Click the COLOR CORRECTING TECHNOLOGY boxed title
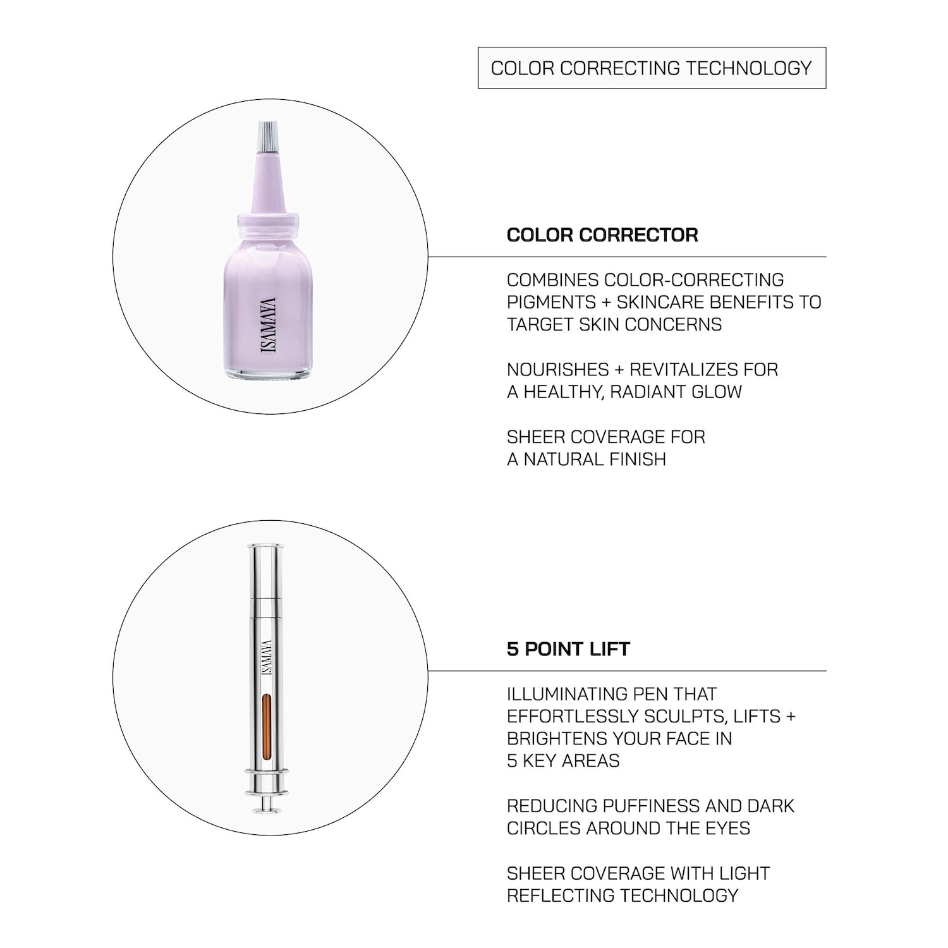652,68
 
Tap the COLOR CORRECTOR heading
602,235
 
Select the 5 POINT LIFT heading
568,649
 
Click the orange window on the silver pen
266,727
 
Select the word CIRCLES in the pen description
544,829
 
